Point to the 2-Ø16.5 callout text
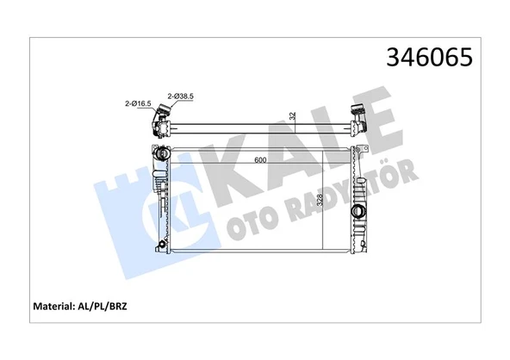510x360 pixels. (x=138, y=104)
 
